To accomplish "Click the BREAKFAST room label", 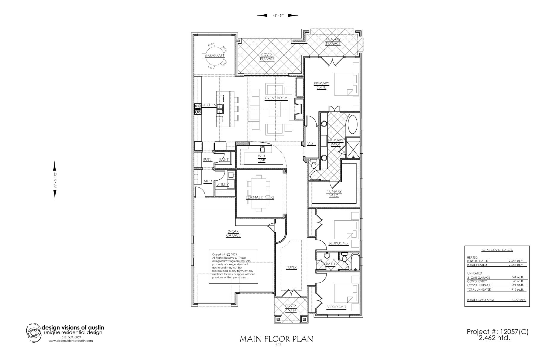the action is coord(215,56).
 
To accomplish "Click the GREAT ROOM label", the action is coord(276,98).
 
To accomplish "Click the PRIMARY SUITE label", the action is coord(321,85).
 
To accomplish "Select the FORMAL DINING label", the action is coord(260,197).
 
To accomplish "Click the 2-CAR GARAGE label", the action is coord(233,233).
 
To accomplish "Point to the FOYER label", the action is coord(291,268).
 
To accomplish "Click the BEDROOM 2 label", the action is coord(339,243).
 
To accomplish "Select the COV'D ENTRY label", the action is coord(291,308).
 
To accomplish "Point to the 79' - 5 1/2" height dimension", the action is coord(54,180).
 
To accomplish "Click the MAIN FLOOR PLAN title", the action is coord(277,339).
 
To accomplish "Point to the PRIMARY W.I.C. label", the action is coord(334,193).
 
